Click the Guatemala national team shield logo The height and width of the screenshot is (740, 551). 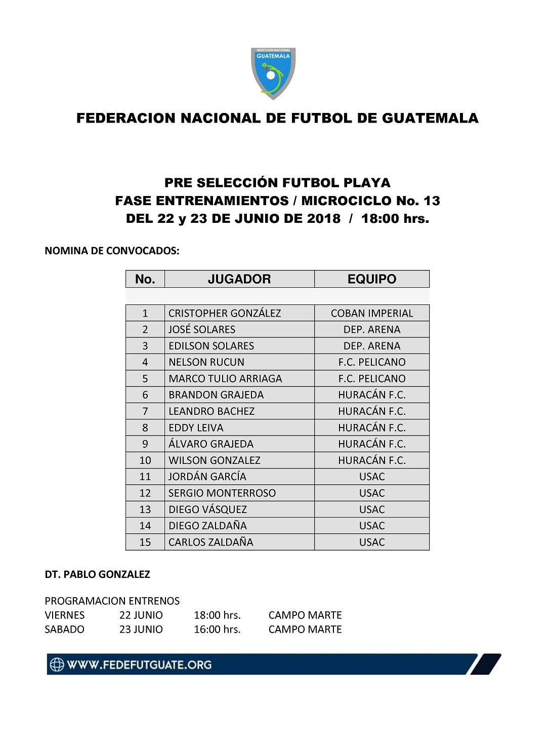click(x=273, y=73)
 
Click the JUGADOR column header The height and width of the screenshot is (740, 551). click(x=239, y=279)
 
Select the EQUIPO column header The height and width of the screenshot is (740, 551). click(x=371, y=279)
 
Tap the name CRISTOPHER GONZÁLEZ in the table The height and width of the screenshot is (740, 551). click(x=225, y=313)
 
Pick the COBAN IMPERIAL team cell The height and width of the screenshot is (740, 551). click(x=372, y=313)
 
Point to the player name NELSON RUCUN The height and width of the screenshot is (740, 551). click(x=206, y=362)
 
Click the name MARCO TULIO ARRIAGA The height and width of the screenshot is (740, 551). click(x=225, y=378)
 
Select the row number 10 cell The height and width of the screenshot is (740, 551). click(x=145, y=460)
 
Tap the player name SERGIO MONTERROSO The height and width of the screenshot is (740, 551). click(x=222, y=493)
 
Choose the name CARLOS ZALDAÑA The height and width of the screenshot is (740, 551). click(x=211, y=542)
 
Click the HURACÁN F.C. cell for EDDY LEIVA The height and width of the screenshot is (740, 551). click(x=372, y=427)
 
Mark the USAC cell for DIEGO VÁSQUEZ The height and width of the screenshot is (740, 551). click(x=372, y=510)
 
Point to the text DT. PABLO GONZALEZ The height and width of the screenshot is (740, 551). click(x=98, y=574)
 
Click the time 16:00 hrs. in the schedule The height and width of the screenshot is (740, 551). click(x=217, y=630)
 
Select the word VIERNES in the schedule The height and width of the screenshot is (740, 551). click(x=65, y=615)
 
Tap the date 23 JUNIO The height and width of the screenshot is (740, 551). click(x=141, y=630)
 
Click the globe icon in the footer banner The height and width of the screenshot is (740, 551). click(x=57, y=665)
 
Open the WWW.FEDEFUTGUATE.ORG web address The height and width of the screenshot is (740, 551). click(x=139, y=665)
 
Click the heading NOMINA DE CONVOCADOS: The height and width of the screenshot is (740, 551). click(x=112, y=251)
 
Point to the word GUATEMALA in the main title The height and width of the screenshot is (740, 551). click(x=430, y=118)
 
